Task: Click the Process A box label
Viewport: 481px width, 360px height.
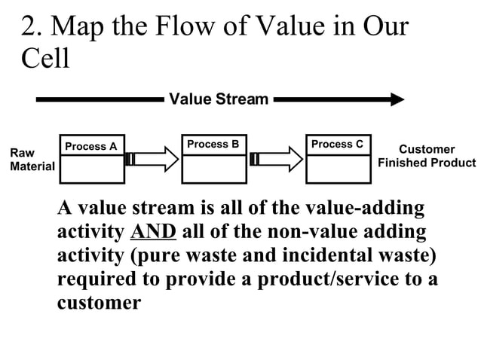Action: (91, 146)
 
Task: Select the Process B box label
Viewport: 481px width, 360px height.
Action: (213, 144)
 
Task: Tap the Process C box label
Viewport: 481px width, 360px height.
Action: (337, 144)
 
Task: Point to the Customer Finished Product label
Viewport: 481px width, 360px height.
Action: (427, 156)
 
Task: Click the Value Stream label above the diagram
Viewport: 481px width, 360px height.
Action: (219, 99)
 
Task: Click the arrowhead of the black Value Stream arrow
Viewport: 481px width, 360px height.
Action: (397, 99)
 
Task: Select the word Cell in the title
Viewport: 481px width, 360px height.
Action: (44, 58)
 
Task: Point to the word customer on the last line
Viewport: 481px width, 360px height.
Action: (99, 303)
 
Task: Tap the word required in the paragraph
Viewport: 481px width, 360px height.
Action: (98, 279)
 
